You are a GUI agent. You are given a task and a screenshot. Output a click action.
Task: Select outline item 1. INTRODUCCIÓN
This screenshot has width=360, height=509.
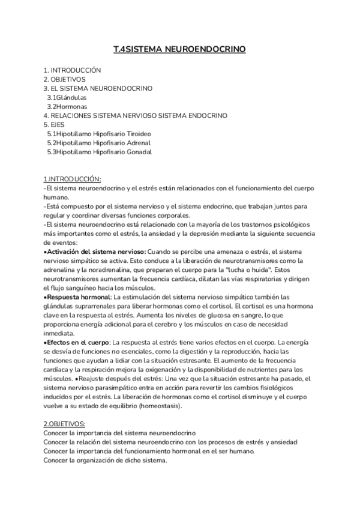coord(73,70)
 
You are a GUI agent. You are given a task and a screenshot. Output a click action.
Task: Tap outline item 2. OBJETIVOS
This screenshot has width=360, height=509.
coord(65,79)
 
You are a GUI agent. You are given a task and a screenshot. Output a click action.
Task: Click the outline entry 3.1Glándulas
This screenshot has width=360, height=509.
coord(67,97)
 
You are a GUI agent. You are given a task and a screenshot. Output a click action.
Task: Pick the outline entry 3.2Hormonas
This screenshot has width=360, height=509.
coord(68,106)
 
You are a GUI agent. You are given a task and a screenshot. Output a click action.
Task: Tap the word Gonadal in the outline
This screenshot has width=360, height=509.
coord(139,152)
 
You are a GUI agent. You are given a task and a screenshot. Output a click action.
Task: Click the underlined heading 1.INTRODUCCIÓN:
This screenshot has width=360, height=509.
coord(73,179)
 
